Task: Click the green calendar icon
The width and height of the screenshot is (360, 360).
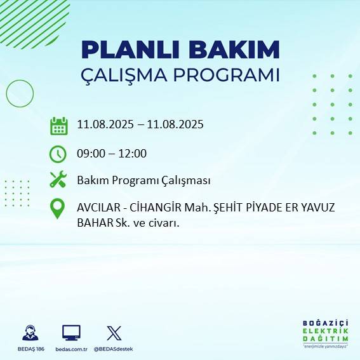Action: [58, 126]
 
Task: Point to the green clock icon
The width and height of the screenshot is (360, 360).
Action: [58, 154]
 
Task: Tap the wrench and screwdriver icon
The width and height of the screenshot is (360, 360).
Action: [58, 180]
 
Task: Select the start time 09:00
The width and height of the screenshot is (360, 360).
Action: [91, 154]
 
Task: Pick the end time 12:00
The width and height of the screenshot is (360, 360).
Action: [133, 154]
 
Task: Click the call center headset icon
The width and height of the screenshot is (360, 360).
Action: [30, 333]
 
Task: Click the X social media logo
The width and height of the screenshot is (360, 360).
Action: [114, 333]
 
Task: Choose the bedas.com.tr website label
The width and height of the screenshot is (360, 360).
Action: [71, 349]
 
